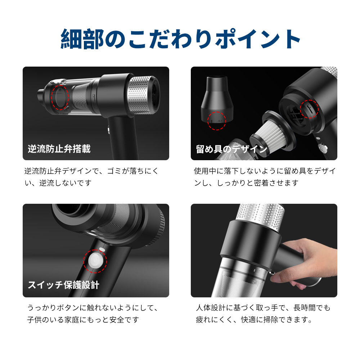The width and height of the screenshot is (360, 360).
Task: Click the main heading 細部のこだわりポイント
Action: pos(180,39)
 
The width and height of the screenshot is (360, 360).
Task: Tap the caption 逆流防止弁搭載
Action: pos(59,149)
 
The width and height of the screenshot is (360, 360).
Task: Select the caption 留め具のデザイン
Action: pos(231,149)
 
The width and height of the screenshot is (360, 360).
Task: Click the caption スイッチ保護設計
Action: pos(64,285)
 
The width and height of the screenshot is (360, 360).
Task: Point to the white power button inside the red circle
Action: pos(95,261)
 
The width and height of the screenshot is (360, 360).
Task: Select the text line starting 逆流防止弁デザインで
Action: pos(91,171)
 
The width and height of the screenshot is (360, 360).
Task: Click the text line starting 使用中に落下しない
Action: pos(265,171)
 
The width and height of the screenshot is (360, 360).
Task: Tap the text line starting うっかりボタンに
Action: pos(93,307)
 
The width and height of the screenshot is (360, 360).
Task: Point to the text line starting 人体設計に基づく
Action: pos(263,307)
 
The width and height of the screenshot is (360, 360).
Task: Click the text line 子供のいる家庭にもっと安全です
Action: pos(83,320)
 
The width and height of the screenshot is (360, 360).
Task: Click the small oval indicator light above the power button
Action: pos(102,249)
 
